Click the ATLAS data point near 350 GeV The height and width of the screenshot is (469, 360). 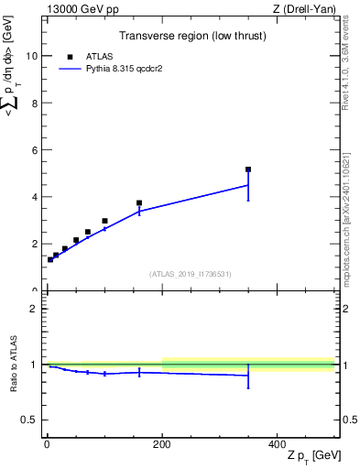pyautogui.click(x=248, y=169)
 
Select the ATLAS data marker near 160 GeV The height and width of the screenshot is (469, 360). pyautogui.click(x=139, y=203)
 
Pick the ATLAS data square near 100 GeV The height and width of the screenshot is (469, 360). pyautogui.click(x=104, y=221)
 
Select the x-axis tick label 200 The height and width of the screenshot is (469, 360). pyautogui.click(x=162, y=444)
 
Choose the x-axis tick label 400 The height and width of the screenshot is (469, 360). pyautogui.click(x=278, y=444)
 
